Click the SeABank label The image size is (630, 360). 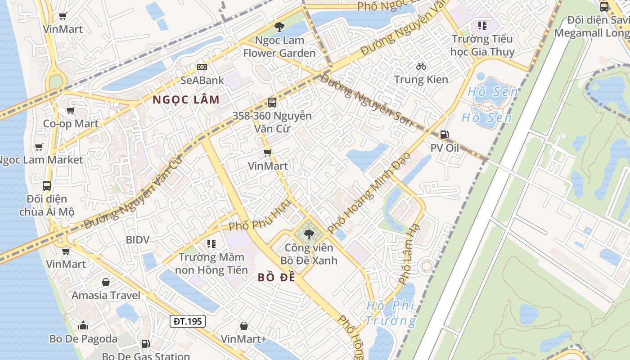coord(202,80)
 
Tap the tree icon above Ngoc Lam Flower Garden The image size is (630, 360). coord(279,27)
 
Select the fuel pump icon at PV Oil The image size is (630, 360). coord(444,134)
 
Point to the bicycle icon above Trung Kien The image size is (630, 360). coord(421,66)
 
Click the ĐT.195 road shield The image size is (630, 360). coord(188,321)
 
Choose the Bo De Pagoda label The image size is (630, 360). coord(83,339)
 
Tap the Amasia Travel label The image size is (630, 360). coord(106,295)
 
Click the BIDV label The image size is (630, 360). coord(137,240)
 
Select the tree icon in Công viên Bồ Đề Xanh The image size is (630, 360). coord(309,234)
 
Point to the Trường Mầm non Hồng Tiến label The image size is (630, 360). coord(211,264)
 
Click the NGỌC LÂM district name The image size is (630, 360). coord(186,99)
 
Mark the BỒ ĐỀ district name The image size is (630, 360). coord(276,278)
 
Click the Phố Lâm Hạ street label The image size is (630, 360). coord(409,254)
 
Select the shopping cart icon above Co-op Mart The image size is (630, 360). coord(70,110)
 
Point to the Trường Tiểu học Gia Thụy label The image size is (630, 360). coord(482,45)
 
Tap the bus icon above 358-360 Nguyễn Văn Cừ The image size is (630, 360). coord(272,102)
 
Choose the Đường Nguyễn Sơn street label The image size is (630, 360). coord(366,99)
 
